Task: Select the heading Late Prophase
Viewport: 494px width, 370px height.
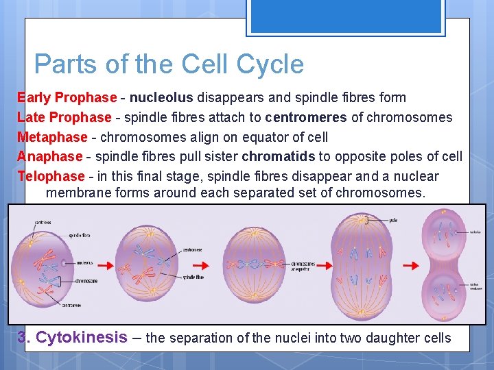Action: click(x=64, y=117)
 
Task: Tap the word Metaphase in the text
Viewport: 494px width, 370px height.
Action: click(x=52, y=137)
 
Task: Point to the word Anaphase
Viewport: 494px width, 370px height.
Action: click(x=49, y=157)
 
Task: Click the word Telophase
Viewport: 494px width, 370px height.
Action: click(x=51, y=177)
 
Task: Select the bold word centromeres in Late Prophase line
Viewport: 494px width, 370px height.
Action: click(x=306, y=117)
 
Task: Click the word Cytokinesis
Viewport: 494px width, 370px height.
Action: click(x=81, y=337)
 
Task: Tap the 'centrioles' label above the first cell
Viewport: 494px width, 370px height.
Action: click(x=45, y=222)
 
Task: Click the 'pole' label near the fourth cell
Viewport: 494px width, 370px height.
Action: click(x=393, y=220)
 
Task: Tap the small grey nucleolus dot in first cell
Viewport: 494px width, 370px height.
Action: click(x=64, y=262)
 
